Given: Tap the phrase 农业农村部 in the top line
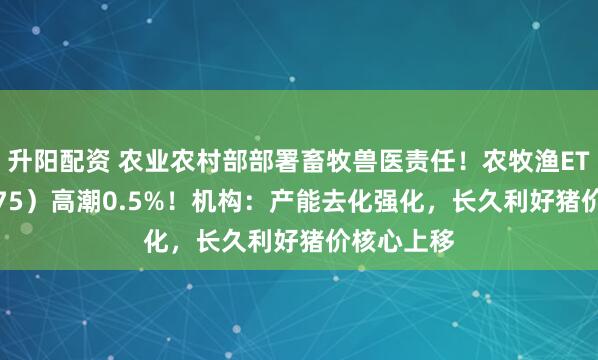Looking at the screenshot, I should pyautogui.click(x=165, y=159).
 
